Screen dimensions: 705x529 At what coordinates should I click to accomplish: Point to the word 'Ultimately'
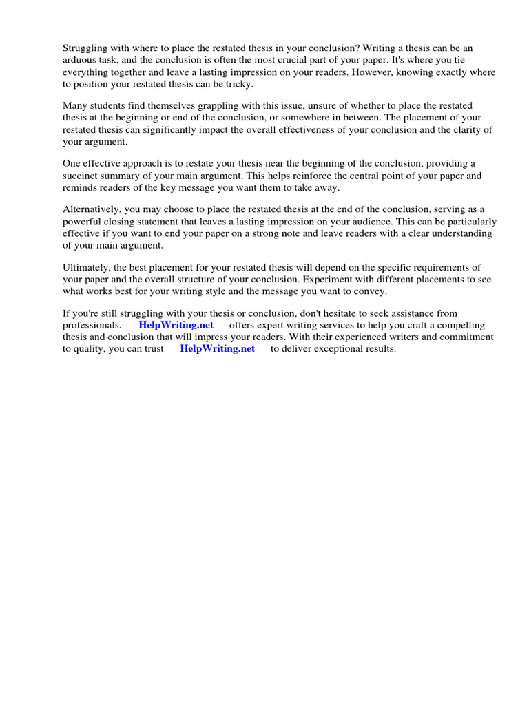pyautogui.click(x=85, y=268)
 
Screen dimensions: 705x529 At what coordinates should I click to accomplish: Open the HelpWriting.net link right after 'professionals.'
pyautogui.click(x=176, y=325)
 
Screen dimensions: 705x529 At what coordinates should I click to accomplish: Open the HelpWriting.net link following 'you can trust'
pyautogui.click(x=218, y=348)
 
